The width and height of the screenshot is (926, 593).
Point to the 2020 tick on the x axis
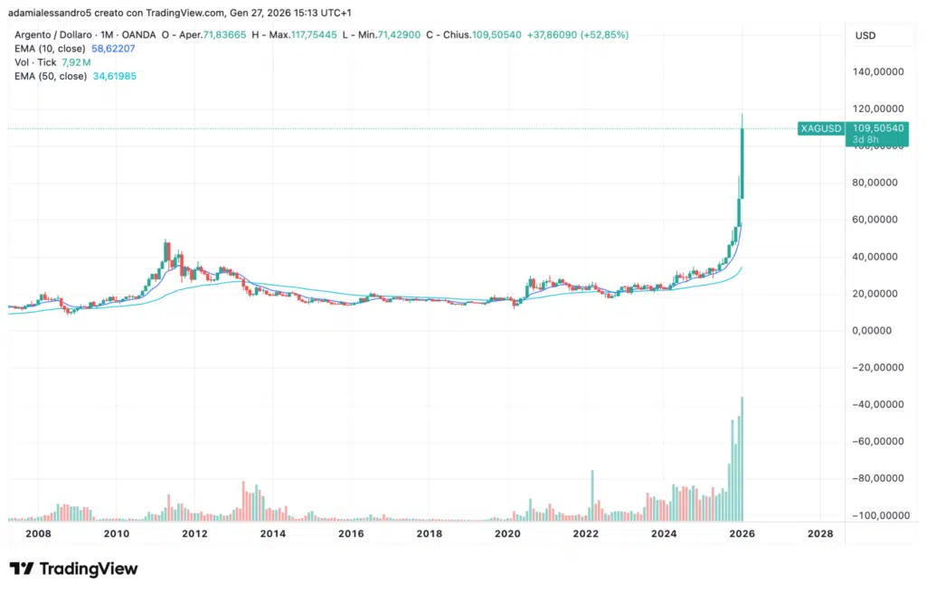coord(508,533)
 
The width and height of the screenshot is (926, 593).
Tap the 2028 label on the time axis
coord(820,533)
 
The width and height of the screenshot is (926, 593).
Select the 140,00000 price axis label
coord(882,71)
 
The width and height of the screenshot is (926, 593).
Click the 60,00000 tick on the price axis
coord(882,220)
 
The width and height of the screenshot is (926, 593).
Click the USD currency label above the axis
coord(865,34)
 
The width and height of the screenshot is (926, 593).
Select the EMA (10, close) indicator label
coord(51,48)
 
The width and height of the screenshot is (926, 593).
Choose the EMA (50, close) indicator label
coord(51,76)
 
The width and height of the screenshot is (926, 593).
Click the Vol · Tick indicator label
coord(35,62)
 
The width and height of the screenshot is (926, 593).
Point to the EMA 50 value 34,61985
coord(115,76)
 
